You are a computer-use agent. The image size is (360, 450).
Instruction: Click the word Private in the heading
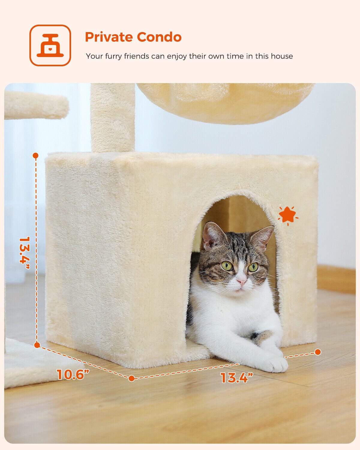point(109,37)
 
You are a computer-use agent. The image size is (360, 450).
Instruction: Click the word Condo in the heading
point(159,37)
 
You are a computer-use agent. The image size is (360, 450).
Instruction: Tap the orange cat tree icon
point(50,45)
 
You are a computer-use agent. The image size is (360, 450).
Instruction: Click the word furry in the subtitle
point(112,56)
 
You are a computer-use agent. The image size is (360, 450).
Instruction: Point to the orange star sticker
point(288,216)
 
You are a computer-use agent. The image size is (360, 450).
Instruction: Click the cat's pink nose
point(241,282)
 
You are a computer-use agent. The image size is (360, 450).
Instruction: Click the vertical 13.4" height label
point(24,253)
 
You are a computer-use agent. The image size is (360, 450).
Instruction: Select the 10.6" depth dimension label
point(73,374)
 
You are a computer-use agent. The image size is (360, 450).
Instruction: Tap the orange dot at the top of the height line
point(36,155)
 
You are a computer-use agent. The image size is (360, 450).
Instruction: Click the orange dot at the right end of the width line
point(318,352)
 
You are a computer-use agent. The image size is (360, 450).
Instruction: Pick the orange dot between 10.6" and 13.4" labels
point(131,378)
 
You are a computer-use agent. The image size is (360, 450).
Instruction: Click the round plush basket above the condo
point(226,103)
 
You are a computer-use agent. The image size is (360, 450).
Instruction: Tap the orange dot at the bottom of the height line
point(37,345)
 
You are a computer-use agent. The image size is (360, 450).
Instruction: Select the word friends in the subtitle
point(136,56)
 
